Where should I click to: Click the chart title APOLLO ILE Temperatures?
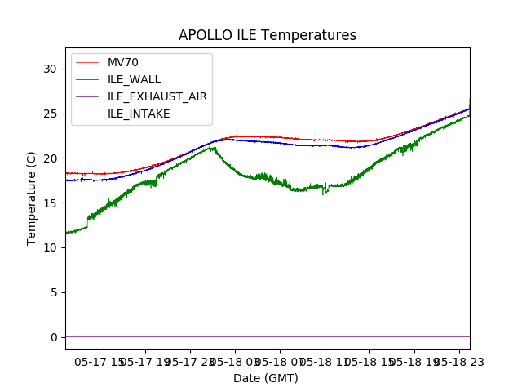tap(268, 36)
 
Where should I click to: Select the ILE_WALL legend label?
tap(134, 80)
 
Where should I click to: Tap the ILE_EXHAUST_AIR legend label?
tap(157, 96)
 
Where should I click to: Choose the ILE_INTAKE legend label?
tap(139, 114)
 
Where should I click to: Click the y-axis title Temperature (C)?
tap(32, 198)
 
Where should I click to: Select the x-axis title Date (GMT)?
tap(266, 378)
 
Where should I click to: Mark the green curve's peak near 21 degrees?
tap(212, 148)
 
